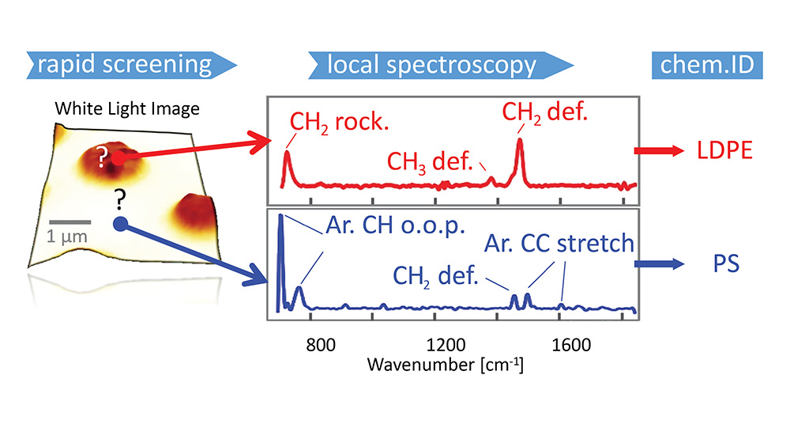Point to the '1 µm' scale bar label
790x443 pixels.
tap(62, 236)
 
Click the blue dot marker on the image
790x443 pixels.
tap(120, 224)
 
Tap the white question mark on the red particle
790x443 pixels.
tap(101, 160)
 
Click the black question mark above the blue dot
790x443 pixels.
tap(120, 199)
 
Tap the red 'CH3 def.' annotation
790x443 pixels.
tap(429, 162)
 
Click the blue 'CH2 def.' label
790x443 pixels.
tap(435, 276)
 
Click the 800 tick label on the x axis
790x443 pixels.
tap(312, 345)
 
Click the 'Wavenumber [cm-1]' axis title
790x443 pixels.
tap(445, 365)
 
